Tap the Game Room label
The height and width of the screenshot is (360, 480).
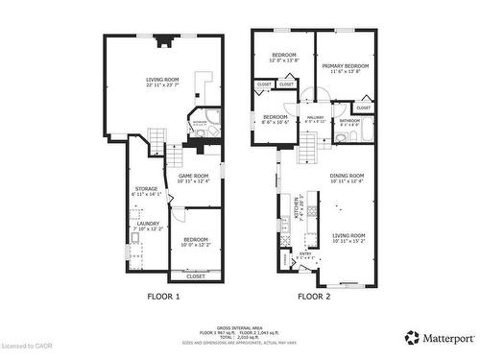coord(193,178)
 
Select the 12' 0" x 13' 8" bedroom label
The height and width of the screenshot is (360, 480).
coord(283,57)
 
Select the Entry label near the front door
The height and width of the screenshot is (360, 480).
coord(305,255)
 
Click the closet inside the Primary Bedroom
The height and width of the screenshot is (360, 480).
coord(363,108)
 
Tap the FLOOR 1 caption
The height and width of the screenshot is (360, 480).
coord(163,298)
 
